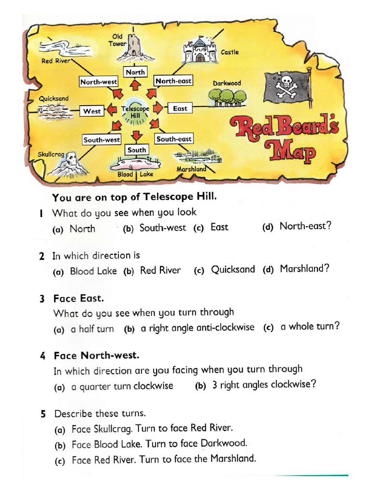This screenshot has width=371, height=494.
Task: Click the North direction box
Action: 135,72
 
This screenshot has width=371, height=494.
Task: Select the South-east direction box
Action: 174,139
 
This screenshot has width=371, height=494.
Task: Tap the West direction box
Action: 92,111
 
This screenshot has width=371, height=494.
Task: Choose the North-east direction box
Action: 173,81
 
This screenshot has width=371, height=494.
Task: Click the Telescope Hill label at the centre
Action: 135,112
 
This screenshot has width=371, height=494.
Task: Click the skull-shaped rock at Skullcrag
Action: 71,161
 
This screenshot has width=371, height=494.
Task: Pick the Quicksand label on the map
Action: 54,98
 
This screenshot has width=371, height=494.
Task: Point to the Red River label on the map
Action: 56,61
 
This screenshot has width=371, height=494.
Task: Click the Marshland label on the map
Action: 191,169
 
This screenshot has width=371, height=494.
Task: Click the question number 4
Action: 43,357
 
